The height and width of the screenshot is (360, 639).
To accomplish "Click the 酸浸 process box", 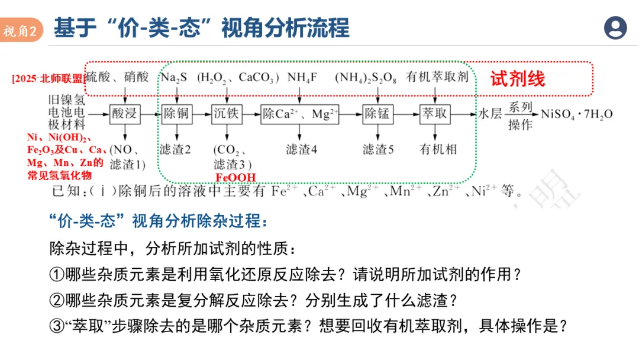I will pos(125,114).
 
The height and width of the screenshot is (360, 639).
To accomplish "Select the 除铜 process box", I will pos(176,114).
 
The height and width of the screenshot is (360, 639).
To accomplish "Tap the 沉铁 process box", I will pos(225,114).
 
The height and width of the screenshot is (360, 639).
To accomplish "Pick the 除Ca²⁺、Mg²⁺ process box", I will pos(300,114).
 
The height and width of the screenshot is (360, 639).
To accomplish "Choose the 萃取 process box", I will pos(435,114).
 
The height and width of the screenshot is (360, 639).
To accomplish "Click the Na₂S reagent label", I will pos(175,78).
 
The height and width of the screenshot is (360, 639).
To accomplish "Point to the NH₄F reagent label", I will pos(303,78).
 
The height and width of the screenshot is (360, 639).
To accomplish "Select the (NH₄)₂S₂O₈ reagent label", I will pos(366,78).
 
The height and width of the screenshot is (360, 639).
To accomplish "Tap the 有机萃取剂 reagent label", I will pos(437,78).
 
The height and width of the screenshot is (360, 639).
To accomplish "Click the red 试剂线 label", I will pos(517,79).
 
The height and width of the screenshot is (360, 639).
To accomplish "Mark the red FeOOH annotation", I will pos(235,177).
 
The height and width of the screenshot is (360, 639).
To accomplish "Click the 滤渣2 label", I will pos(175,150).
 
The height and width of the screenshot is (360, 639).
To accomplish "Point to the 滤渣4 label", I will pos(301,150).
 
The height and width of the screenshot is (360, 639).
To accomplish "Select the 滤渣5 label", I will pos(378,150).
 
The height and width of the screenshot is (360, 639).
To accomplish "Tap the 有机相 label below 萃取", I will pos(438,150).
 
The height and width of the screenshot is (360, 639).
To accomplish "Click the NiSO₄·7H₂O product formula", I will pos(577,114).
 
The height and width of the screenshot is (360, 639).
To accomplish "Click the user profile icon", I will pos(615,28).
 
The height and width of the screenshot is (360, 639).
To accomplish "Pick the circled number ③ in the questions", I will pos(56,325).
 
